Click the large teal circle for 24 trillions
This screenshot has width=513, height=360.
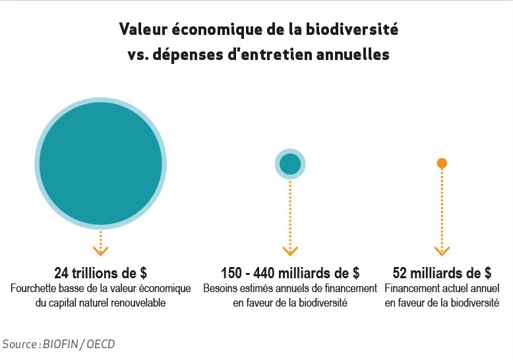pos(100,164)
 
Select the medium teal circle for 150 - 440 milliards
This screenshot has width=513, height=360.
pos(290,164)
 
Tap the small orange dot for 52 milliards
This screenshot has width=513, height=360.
pos(442,163)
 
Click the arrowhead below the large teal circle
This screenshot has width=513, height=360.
pos(100,251)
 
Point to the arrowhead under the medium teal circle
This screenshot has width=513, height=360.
pos(290,251)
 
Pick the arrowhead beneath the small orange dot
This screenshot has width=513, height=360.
pos(442,251)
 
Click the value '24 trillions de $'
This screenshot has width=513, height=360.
pos(100,273)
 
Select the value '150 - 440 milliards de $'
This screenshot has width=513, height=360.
pos(290,273)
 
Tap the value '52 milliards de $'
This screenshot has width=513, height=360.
pos(442,273)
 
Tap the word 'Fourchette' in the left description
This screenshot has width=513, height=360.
pos(34,289)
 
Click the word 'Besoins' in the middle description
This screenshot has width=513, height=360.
pos(220,289)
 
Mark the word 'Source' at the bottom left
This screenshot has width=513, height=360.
pos(20,344)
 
